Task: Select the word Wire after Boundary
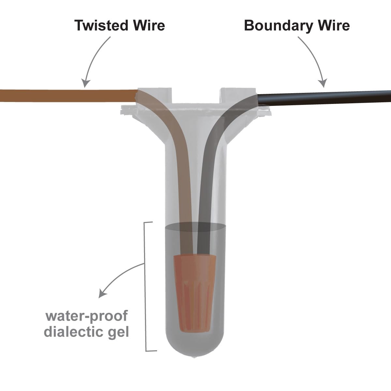coord(331,25)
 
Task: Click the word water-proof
coord(86,316)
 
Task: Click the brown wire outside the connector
coord(65,95)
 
